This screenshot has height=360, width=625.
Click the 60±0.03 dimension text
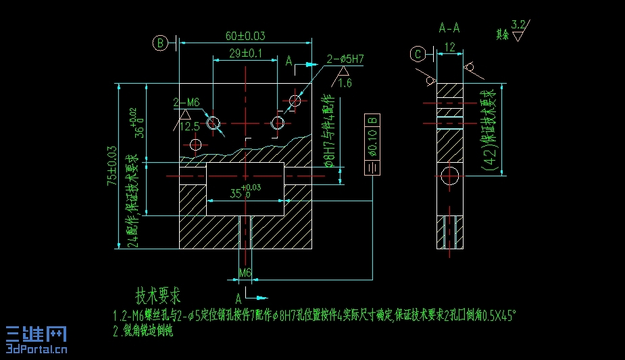[246, 36]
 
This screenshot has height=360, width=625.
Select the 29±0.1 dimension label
[246, 53]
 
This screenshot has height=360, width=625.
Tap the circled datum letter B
[160, 43]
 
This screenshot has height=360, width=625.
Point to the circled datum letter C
[420, 53]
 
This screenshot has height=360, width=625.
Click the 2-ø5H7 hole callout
[345, 59]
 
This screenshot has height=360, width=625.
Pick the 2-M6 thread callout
[186, 103]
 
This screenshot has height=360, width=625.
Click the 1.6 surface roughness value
[345, 83]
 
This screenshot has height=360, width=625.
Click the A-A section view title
[449, 28]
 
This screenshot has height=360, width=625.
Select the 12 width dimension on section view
[450, 47]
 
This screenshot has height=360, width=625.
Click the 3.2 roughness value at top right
[518, 25]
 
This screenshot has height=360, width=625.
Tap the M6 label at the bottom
[245, 273]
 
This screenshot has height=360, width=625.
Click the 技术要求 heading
[158, 296]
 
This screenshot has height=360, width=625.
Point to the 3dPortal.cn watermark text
[37, 349]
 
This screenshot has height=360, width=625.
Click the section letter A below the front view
[239, 297]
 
